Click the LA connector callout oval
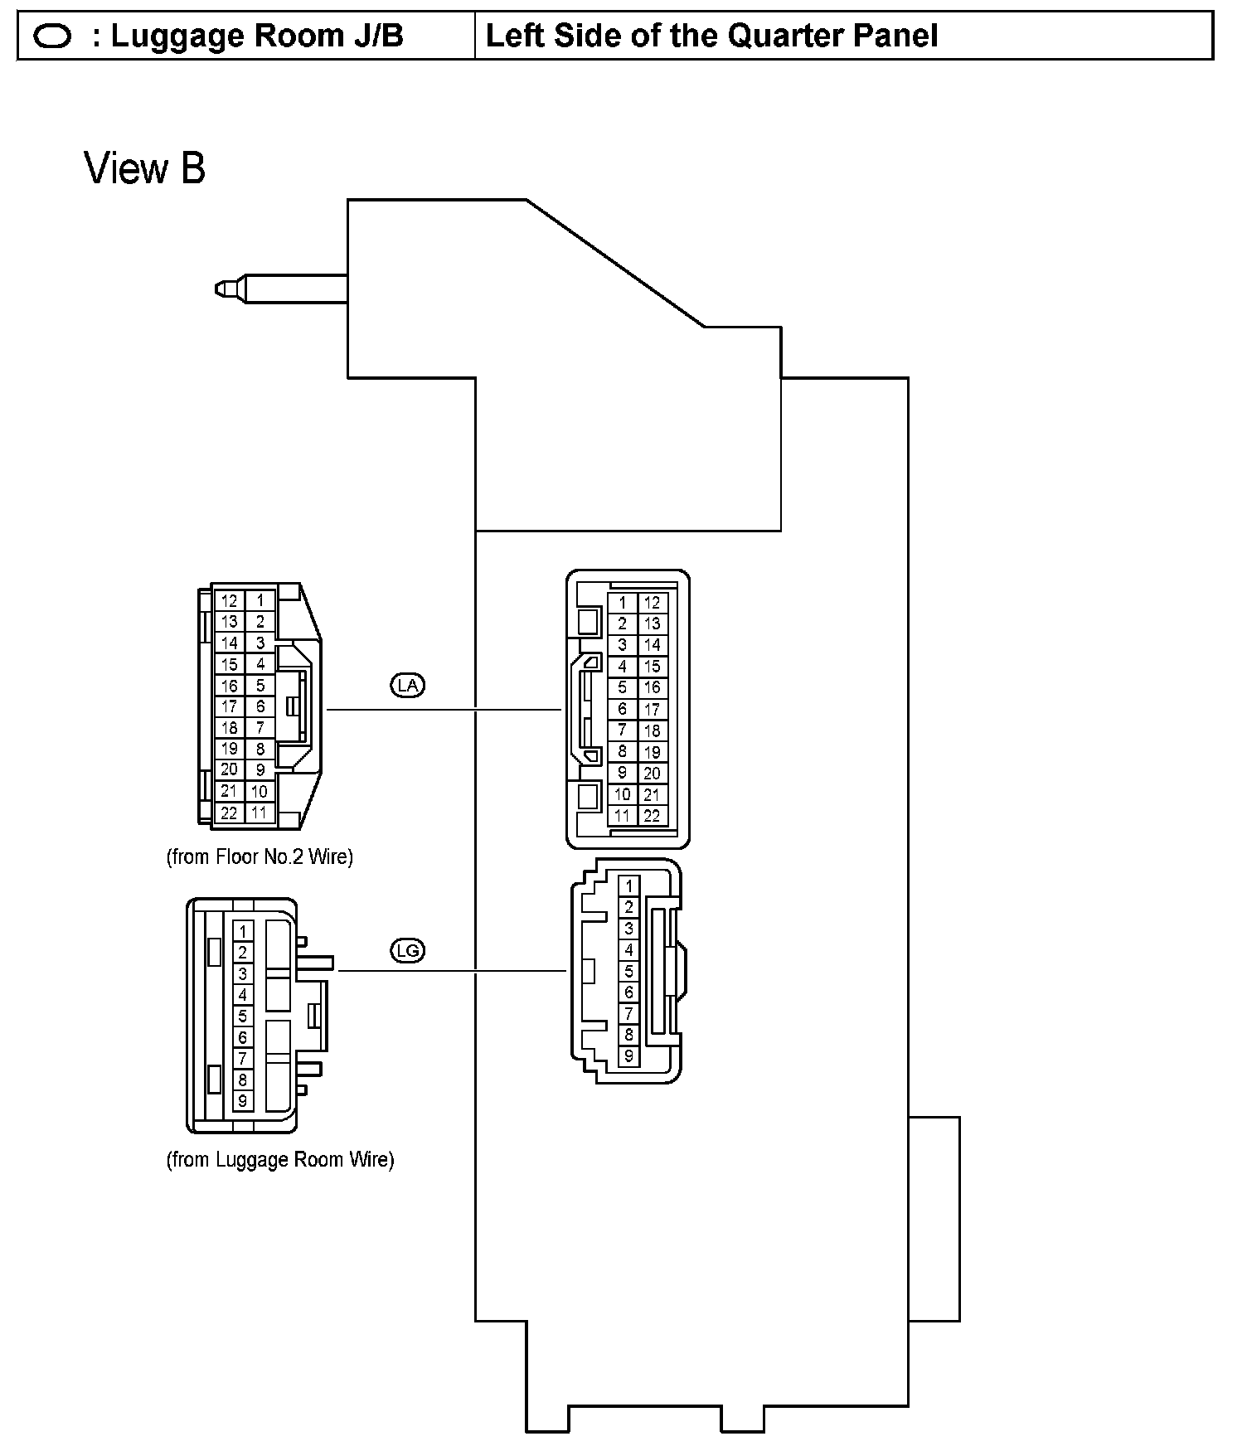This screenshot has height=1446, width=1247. point(407,685)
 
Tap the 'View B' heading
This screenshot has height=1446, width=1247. point(145,169)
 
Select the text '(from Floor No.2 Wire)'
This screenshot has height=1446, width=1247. point(260,856)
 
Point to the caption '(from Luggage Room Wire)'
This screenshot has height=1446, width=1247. point(280,1159)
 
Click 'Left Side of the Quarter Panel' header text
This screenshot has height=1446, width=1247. point(711,36)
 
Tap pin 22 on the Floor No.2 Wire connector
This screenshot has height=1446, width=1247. point(230,813)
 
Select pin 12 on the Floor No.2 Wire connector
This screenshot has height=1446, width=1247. point(230,600)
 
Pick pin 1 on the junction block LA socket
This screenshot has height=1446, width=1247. point(623,603)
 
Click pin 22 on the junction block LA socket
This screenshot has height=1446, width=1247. point(653,816)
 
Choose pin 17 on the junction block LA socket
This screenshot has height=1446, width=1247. point(653,709)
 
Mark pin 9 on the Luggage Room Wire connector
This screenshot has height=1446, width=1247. point(243,1101)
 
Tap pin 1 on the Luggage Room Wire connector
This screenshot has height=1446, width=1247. point(243,931)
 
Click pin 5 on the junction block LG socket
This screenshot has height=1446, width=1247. point(628,971)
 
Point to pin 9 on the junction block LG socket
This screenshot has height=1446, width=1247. point(628,1056)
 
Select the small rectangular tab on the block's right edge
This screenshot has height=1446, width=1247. point(934,1219)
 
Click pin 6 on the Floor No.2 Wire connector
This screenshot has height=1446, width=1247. point(260,706)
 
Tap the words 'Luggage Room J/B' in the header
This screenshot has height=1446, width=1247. point(257,36)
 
